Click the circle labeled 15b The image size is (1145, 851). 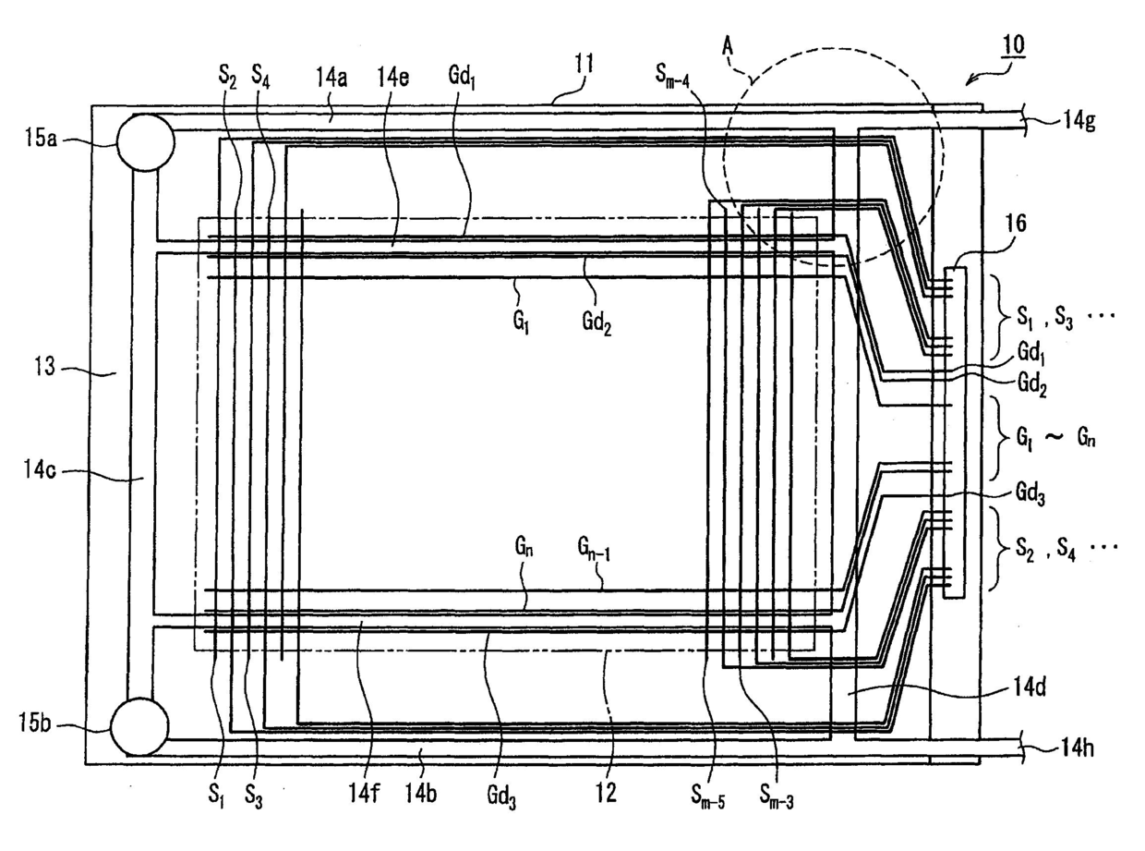coord(139,726)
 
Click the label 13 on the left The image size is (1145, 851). coord(43,368)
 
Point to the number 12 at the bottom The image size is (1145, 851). coord(606,792)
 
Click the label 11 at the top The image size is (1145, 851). coord(583,65)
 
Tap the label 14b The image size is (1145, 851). coord(425,791)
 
